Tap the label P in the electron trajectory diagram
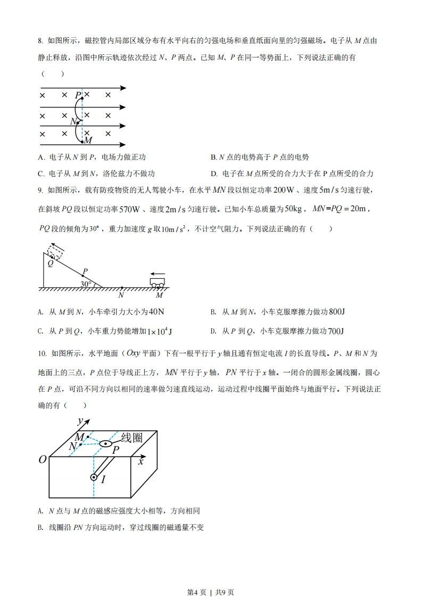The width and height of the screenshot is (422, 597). [x=78, y=95]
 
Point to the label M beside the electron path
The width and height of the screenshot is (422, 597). [x=88, y=140]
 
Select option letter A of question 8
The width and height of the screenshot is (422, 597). [x=41, y=157]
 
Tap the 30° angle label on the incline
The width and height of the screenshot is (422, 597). [x=86, y=284]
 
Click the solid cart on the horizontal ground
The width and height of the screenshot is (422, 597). [x=158, y=282]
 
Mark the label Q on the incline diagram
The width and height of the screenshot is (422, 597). [x=51, y=262]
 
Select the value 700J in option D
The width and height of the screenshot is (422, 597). [x=336, y=331]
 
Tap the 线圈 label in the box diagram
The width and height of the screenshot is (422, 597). [x=132, y=437]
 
